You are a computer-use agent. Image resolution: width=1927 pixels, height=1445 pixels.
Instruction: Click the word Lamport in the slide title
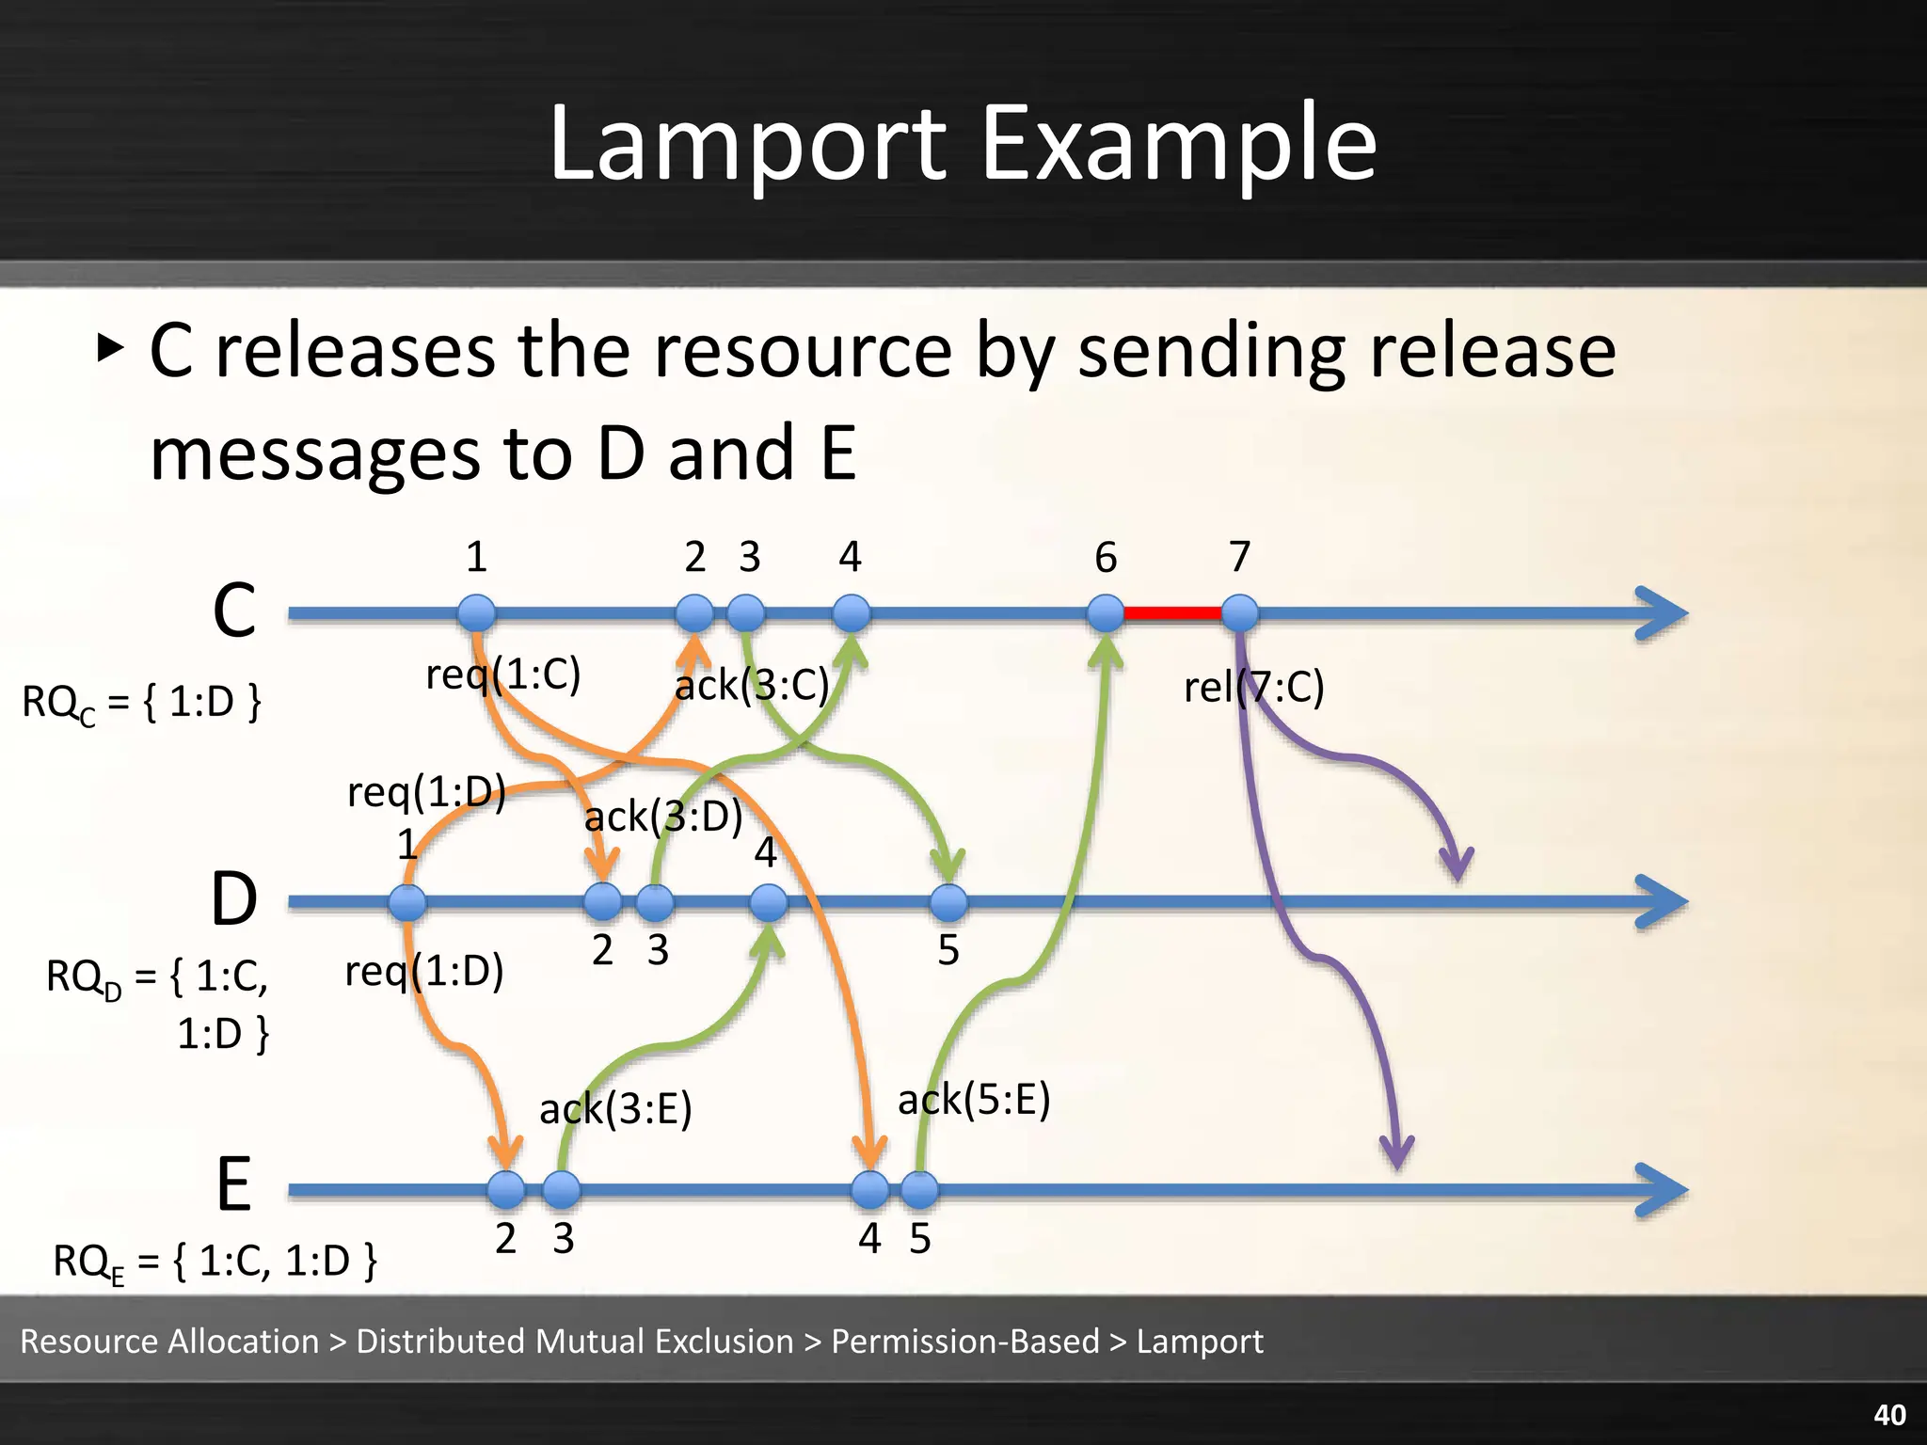coord(748,143)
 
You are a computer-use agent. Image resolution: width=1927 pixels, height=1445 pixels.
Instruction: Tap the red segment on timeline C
coord(1172,613)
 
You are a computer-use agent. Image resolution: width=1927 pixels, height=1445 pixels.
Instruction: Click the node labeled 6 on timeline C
coord(1106,613)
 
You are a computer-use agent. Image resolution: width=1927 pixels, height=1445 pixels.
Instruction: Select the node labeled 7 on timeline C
coord(1240,613)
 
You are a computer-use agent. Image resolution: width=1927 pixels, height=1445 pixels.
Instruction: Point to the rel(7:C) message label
coord(1253,687)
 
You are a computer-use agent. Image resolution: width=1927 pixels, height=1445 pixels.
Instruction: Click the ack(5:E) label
coord(974,1099)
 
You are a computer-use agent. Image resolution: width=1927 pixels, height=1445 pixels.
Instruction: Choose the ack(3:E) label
coord(615,1108)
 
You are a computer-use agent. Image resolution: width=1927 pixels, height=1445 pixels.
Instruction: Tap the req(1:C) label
coord(503,674)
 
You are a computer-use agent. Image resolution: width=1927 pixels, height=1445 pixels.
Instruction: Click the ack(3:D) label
coord(663,817)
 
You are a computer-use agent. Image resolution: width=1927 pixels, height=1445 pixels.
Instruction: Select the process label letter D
coord(233,899)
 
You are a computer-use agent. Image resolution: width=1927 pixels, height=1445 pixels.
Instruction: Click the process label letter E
coord(233,1185)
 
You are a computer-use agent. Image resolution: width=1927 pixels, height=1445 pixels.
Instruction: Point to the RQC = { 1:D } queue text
coord(141,703)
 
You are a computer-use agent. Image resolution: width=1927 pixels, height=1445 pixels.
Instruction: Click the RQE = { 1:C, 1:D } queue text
coord(215,1261)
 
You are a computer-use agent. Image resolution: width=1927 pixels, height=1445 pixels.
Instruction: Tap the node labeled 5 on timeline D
coord(948,902)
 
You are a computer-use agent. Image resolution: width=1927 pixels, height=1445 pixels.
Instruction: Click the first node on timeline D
coord(407,902)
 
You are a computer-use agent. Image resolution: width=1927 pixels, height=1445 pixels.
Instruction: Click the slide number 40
coord(1889,1415)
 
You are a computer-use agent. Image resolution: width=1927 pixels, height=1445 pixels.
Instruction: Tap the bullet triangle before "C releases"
coord(110,350)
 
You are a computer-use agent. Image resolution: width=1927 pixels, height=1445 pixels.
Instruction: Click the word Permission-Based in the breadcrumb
coord(965,1341)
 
